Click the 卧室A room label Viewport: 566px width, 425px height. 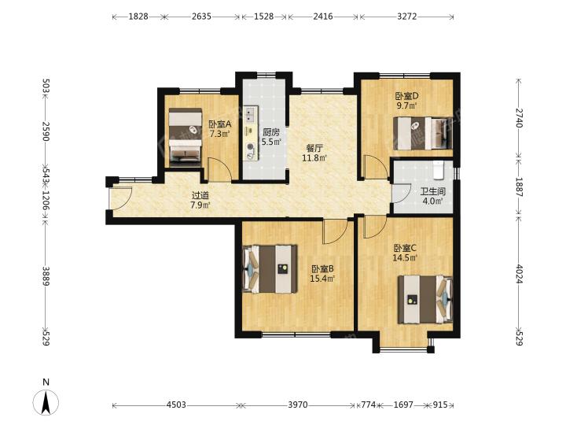click(x=220, y=124)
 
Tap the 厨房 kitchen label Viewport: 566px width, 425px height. click(x=271, y=132)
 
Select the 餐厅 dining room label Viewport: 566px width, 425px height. click(x=314, y=148)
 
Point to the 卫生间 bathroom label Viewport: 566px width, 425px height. click(x=433, y=191)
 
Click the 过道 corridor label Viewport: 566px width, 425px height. click(x=200, y=196)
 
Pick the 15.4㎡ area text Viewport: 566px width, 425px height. click(x=322, y=279)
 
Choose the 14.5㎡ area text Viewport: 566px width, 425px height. click(x=405, y=258)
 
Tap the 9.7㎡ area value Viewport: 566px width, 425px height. click(x=407, y=105)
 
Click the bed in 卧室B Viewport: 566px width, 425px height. click(x=270, y=269)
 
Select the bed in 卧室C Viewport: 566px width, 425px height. click(x=425, y=300)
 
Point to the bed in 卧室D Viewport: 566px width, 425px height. click(x=423, y=133)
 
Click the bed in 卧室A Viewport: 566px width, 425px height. click(x=186, y=137)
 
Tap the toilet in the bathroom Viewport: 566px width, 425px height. click(x=438, y=170)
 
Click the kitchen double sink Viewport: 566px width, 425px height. click(x=250, y=114)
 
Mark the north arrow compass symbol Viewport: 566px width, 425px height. click(x=46, y=401)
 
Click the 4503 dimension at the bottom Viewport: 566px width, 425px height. click(x=176, y=405)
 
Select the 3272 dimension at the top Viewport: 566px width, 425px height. click(x=407, y=17)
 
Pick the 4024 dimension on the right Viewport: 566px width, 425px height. click(x=519, y=274)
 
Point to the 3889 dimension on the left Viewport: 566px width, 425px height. click(x=46, y=276)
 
